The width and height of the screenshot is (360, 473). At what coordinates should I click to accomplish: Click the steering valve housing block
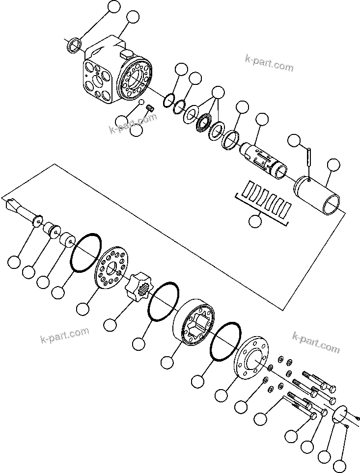point(111,74)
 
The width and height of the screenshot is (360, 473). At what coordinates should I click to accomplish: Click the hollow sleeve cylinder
point(319,194)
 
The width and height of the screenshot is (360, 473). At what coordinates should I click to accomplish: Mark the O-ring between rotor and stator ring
point(162,302)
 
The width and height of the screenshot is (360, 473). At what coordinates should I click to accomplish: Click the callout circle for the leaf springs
point(255,221)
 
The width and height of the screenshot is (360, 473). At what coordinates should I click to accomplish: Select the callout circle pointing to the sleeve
point(333,165)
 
